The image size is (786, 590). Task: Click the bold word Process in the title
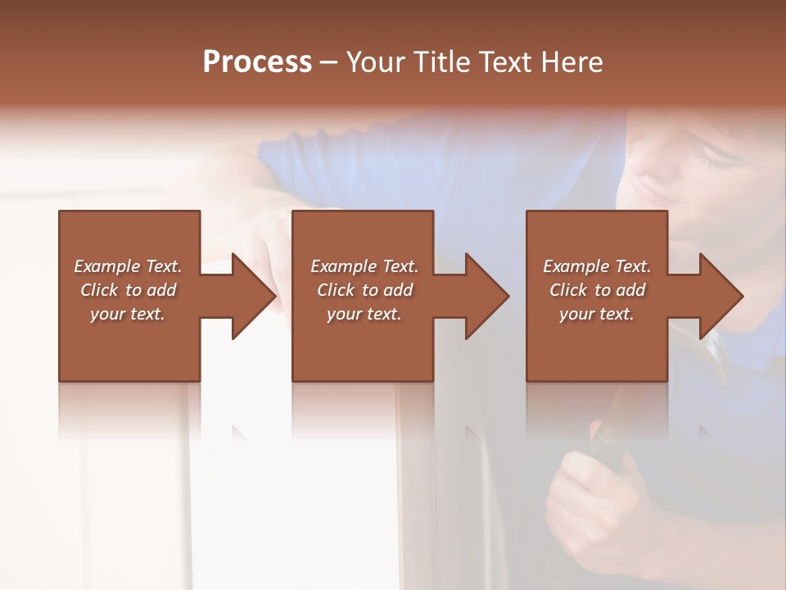[x=257, y=62]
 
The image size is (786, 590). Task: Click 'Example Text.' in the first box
[x=128, y=266]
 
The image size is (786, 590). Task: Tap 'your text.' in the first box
[x=128, y=314]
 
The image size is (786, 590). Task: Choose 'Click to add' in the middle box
[x=364, y=290]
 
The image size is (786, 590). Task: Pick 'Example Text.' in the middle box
[x=364, y=266]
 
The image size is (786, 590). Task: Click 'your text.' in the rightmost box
[x=597, y=314]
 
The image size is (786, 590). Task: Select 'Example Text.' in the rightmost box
[x=597, y=266]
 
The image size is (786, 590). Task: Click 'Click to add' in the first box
[x=128, y=290]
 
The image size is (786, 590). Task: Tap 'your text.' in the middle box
[x=364, y=314]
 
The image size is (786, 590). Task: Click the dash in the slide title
[x=328, y=63]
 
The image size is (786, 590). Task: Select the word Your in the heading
[x=373, y=62]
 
